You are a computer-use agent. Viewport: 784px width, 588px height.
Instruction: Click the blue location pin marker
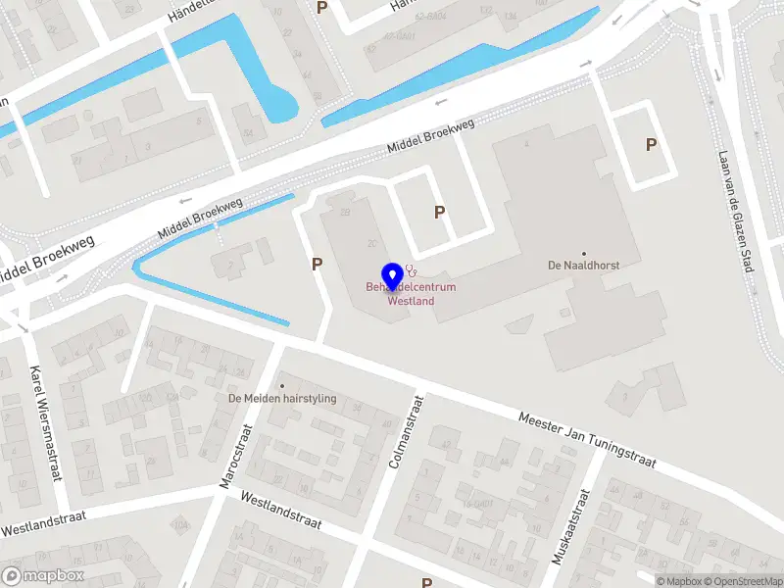click(393, 277)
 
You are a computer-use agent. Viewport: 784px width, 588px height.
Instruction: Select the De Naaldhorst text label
click(583, 266)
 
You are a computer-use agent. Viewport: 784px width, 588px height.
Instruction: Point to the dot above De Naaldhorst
click(584, 253)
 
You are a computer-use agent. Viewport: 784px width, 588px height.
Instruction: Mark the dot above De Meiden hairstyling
click(282, 385)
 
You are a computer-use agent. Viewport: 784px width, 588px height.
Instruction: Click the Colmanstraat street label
click(405, 431)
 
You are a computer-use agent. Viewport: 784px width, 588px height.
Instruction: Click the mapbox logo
click(41, 576)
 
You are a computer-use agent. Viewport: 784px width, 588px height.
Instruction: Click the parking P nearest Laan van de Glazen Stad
click(651, 145)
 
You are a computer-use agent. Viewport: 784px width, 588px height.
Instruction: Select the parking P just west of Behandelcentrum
click(317, 264)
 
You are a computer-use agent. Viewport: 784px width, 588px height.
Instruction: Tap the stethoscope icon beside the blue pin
click(412, 269)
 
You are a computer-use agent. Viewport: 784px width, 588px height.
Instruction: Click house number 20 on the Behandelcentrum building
click(372, 243)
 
